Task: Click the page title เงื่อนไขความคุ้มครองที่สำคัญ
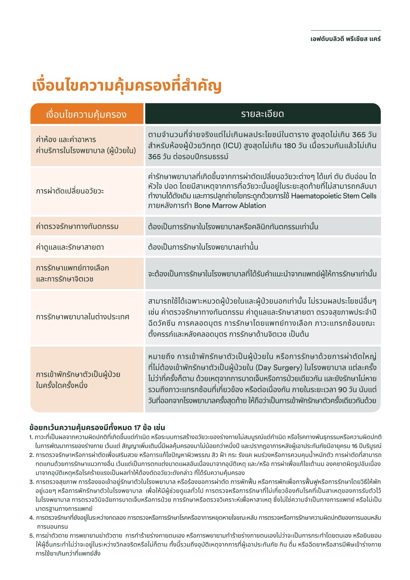tap(126, 86)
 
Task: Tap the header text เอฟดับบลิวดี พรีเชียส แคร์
tap(346, 39)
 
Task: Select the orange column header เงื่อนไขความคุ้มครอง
tap(86, 114)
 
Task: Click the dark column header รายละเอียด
tap(263, 114)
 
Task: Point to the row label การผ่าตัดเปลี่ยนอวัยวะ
tap(70, 191)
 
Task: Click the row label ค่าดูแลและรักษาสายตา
tap(70, 247)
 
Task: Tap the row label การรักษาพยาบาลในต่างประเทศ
tap(83, 317)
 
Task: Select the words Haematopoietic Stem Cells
tap(334, 196)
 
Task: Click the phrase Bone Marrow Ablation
tap(230, 206)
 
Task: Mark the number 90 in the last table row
tap(342, 390)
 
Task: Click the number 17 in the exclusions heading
tap(137, 428)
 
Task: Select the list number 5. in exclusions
tap(32, 536)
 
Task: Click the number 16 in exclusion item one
tap(355, 446)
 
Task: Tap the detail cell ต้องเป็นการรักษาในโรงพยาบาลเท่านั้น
tap(203, 247)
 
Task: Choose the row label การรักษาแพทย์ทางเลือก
tap(72, 268)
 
